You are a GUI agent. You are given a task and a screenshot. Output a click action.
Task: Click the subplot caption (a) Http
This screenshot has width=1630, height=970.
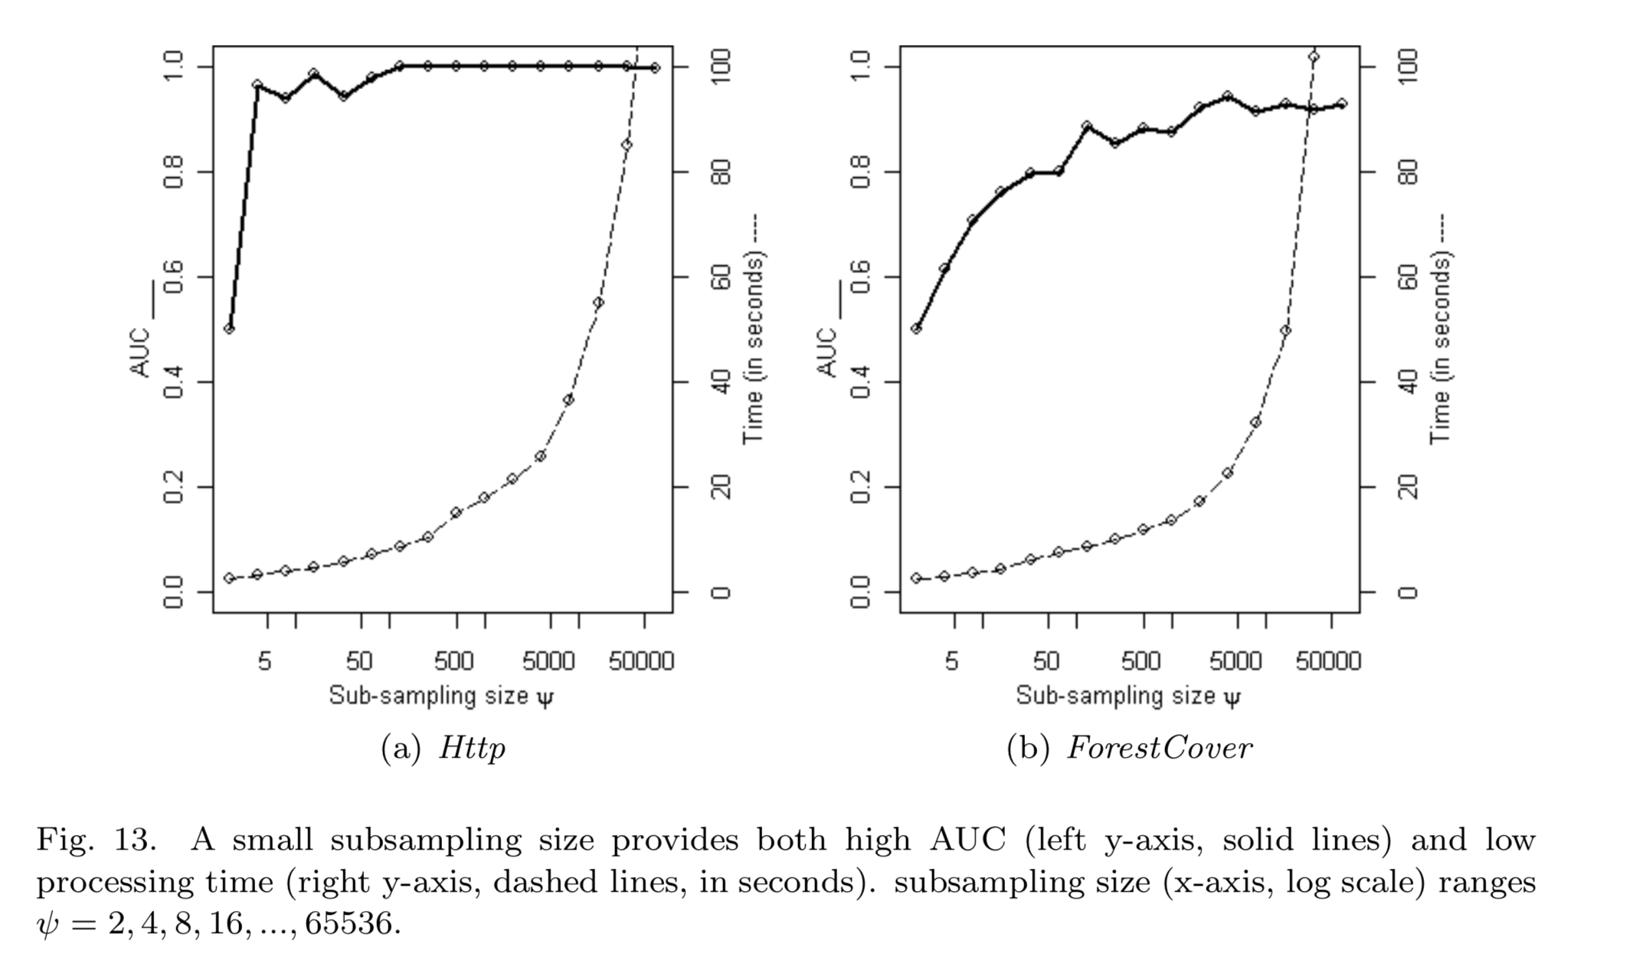[x=444, y=748]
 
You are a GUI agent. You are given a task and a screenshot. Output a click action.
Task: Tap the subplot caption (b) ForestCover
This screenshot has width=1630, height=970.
[x=1130, y=748]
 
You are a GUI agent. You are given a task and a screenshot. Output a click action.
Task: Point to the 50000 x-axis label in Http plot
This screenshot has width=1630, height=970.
[x=641, y=660]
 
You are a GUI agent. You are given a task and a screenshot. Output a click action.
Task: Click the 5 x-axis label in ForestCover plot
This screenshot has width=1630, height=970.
[x=951, y=660]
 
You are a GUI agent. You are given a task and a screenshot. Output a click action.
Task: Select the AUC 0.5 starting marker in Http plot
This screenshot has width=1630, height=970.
[x=229, y=329]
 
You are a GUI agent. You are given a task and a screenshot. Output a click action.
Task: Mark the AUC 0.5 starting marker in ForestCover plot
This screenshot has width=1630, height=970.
[x=916, y=329]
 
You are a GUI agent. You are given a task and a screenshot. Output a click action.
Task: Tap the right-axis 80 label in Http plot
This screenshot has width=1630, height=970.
[x=721, y=172]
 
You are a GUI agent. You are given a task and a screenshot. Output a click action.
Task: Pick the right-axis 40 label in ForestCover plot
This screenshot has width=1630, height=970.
[x=1408, y=382]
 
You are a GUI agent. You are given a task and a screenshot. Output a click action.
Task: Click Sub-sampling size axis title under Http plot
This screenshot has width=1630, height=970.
[x=440, y=696]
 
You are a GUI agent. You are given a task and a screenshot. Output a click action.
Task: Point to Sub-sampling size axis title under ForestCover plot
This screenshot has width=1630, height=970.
[x=1128, y=696]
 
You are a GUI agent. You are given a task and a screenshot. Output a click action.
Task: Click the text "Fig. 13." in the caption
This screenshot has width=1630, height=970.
[x=96, y=840]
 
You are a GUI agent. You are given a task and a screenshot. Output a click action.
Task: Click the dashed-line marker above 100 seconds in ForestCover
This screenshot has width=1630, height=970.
[x=1314, y=57]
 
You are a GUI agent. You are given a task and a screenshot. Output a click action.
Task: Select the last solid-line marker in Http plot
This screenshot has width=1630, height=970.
[x=655, y=68]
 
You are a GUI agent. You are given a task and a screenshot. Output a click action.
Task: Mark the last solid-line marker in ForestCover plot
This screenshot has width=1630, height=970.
[x=1342, y=103]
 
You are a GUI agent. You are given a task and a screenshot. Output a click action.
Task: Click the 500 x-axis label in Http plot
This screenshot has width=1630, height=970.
[x=454, y=660]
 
